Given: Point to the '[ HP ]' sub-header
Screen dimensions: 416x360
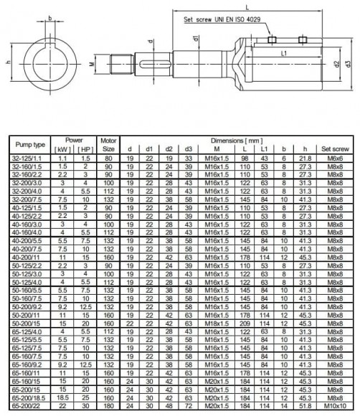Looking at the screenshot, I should tap(85, 148).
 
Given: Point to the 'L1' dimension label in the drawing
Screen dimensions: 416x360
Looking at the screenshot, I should tap(284, 53).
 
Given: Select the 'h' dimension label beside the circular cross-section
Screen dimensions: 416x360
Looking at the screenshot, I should tap(8, 63).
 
